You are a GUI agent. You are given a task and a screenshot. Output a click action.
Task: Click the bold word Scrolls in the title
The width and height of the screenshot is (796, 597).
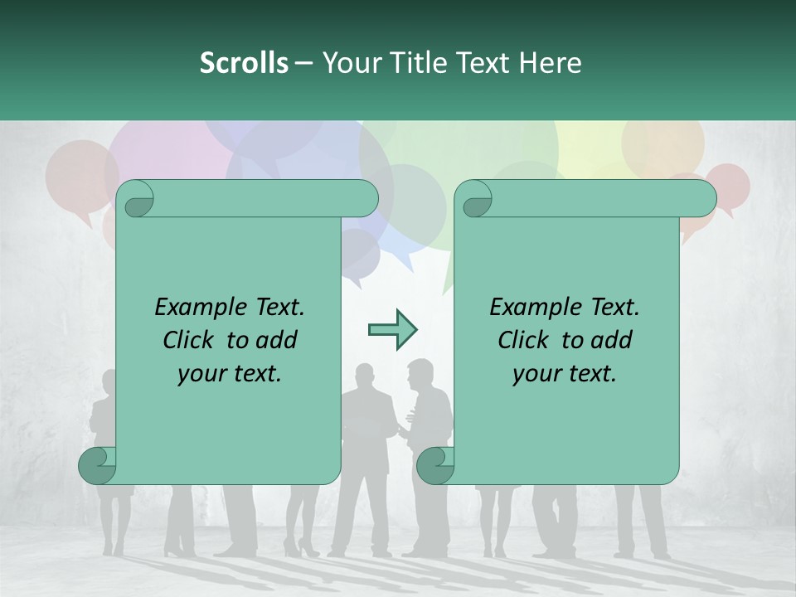coord(244,63)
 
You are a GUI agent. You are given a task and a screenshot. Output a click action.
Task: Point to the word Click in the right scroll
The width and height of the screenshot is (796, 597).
coord(523,340)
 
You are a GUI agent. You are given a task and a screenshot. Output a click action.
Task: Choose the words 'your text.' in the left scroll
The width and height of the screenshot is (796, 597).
coord(230,374)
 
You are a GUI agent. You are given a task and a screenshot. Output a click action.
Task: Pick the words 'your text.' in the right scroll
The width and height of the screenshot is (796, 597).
coord(565,374)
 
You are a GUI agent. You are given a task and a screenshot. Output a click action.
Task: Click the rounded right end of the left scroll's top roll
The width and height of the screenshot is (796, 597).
coord(365,199)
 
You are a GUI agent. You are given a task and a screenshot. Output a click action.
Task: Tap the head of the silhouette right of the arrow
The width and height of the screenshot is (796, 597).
coord(420,372)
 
